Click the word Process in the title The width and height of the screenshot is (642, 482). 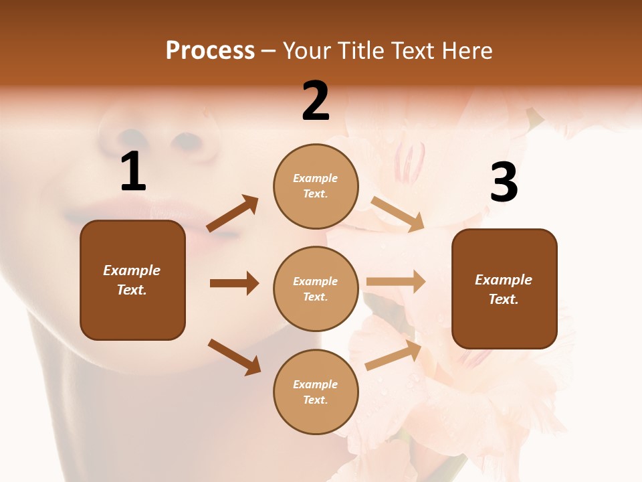[210, 51]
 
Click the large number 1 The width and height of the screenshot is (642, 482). [133, 172]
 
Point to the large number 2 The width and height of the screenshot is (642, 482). [316, 101]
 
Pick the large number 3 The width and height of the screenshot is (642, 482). [504, 183]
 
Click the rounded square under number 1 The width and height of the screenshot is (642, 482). [132, 280]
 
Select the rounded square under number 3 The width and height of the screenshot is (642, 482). [504, 289]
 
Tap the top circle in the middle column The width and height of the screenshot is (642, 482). [316, 186]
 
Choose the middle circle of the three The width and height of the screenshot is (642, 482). [316, 289]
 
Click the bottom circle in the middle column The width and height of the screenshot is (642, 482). [316, 392]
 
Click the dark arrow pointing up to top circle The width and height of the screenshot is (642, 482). [233, 213]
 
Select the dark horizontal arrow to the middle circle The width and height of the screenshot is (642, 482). [234, 283]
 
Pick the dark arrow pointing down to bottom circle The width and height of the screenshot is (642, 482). [234, 356]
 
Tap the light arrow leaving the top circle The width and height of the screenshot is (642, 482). [397, 214]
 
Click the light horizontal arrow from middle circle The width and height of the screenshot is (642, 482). [396, 282]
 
